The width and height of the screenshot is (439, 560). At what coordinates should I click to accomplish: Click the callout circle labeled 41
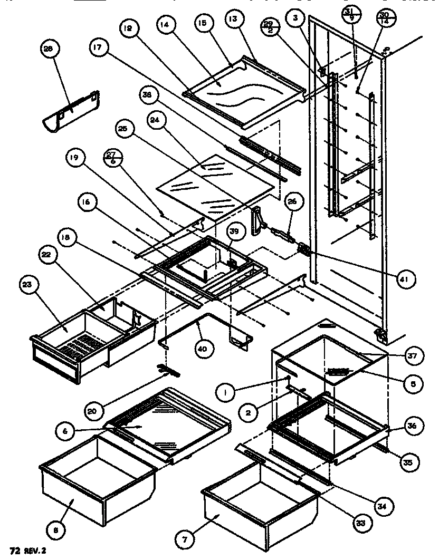[406, 276]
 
